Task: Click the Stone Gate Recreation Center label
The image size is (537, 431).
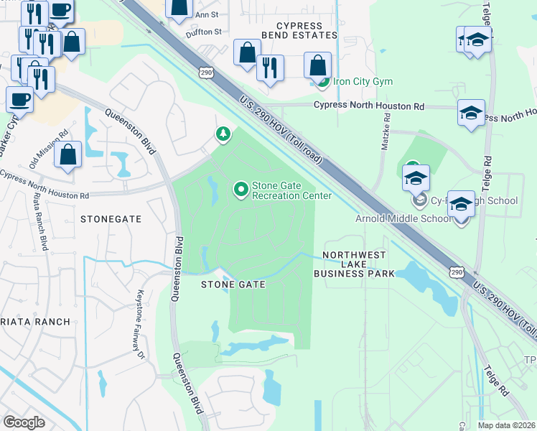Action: (291, 190)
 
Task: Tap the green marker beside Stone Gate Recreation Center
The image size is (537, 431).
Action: (241, 190)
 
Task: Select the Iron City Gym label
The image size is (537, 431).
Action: (362, 81)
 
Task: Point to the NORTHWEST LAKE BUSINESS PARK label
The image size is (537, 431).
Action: (355, 264)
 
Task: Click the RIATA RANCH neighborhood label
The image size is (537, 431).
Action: (35, 322)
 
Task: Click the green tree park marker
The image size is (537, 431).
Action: (223, 134)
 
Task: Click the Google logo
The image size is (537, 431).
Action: (24, 422)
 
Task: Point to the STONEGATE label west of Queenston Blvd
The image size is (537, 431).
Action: (111, 218)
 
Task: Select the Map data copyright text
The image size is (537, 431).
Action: (507, 425)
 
